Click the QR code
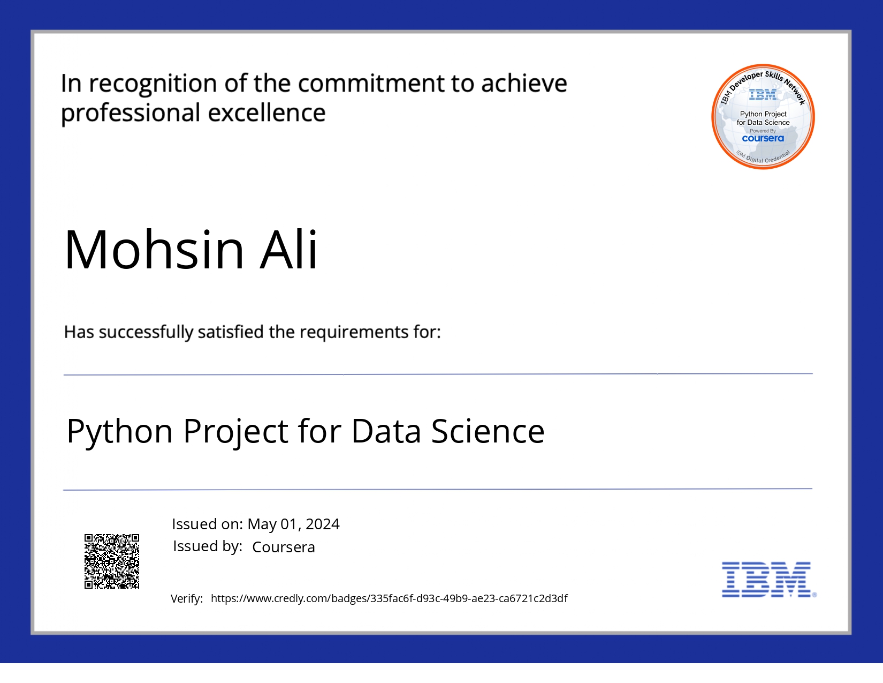(112, 561)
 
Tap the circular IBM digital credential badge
(763, 116)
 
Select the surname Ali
(288, 249)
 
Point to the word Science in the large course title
(488, 431)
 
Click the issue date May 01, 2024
(293, 524)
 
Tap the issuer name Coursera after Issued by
(284, 547)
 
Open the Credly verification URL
(389, 598)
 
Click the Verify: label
(187, 599)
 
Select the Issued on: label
(207, 524)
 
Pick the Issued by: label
(208, 546)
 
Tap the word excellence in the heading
(267, 112)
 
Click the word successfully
(146, 332)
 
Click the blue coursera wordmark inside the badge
(763, 138)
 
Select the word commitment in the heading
(371, 84)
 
